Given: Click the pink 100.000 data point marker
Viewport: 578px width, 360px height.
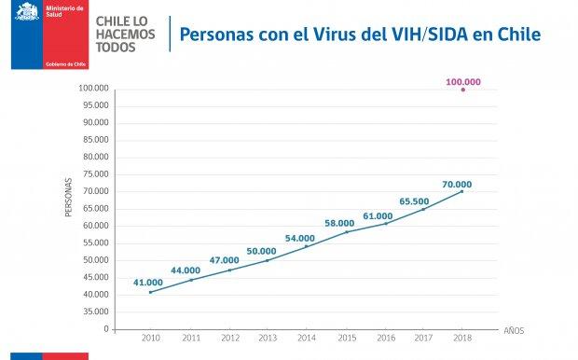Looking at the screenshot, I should pos(463,90).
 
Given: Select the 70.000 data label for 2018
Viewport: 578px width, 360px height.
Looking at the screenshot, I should pos(457,184).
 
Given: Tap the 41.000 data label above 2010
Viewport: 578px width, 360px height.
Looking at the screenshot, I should pos(148,282).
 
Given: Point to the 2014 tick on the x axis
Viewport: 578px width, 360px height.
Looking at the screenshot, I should pos(307,338).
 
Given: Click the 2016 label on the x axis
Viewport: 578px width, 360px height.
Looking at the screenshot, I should pos(384,338).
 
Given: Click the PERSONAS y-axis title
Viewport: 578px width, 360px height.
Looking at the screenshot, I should pos(68,198).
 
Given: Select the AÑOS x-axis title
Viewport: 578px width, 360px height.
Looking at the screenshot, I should pos(515,330).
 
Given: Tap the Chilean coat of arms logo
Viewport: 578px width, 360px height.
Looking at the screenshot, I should pos(27,13).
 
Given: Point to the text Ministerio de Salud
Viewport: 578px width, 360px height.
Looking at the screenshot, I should pos(63,11).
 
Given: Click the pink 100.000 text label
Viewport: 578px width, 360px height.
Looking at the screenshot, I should pos(463,81).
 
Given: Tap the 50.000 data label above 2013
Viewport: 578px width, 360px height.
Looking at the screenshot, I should pos(261,251).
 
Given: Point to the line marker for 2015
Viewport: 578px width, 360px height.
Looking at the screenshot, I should pos(346,231).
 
